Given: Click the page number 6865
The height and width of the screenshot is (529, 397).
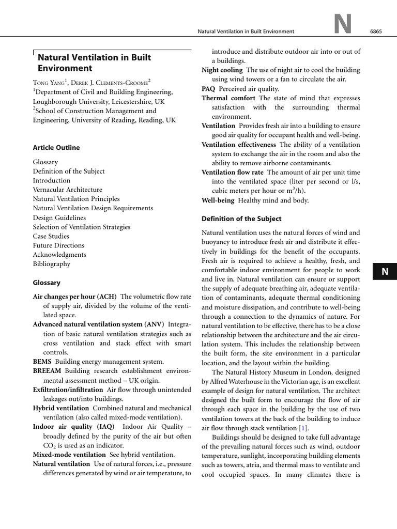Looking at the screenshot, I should point(376,32).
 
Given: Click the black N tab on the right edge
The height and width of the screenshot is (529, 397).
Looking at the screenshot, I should point(384,272).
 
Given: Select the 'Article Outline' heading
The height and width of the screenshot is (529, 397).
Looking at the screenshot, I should point(56,147).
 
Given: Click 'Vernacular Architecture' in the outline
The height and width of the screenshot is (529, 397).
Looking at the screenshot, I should point(68,190).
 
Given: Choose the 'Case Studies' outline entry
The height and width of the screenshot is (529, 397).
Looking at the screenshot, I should point(52,236).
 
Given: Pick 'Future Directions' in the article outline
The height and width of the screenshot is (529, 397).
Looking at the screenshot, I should point(58,245).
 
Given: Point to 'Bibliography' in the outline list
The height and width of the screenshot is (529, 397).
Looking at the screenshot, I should point(52,264).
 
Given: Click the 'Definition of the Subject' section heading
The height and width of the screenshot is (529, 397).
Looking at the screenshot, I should point(241,219).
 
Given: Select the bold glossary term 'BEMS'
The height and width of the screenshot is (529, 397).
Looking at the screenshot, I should point(42,362).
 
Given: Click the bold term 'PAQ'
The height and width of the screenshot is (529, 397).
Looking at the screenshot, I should point(208,88).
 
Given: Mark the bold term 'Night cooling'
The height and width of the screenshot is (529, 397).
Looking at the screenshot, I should point(222,70).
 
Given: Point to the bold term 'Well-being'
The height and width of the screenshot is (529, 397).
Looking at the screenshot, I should point(218,200).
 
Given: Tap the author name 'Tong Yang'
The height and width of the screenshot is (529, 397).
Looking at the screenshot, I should point(50,82).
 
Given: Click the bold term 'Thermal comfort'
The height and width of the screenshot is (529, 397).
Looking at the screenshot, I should point(228,98).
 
